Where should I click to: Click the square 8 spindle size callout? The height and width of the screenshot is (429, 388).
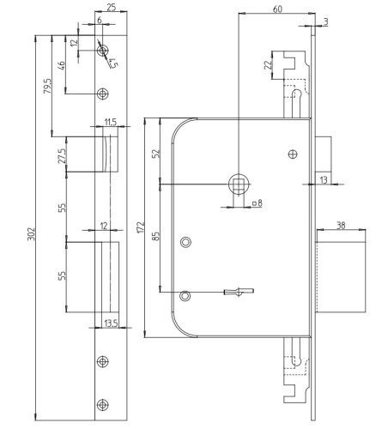(x=256, y=203)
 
